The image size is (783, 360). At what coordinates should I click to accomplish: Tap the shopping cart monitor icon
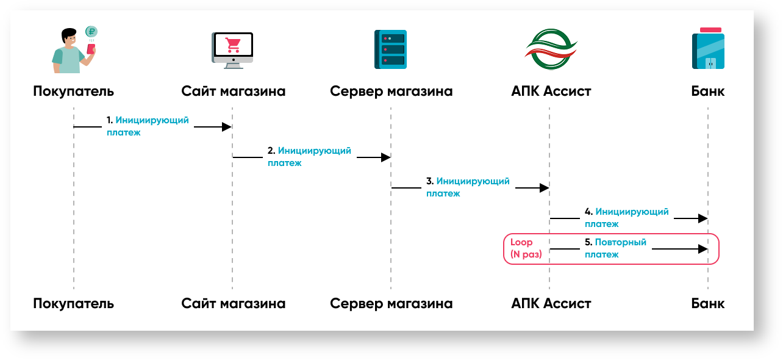point(232,49)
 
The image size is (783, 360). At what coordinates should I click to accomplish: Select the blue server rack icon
point(390,49)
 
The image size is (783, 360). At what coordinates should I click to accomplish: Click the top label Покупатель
point(73,92)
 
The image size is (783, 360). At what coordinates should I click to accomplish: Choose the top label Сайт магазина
point(233,92)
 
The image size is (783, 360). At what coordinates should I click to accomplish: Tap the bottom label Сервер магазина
point(391,303)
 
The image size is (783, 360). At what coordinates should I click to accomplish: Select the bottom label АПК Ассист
point(551,303)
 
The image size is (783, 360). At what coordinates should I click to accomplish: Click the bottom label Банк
point(708,303)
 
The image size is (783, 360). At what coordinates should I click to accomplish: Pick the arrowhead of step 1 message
point(227,127)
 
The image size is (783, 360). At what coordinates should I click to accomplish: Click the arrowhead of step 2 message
point(385,157)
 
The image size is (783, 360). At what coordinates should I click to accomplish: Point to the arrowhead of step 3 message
point(544,188)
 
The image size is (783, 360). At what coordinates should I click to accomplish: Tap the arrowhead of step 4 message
point(703,218)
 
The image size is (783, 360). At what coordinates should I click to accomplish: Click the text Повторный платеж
point(615,248)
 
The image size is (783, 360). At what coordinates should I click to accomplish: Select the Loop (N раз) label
point(526,248)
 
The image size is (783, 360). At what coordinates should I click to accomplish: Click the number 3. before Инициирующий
point(429,181)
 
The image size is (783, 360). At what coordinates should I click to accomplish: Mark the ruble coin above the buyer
point(91,32)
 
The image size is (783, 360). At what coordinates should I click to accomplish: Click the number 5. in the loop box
point(588,242)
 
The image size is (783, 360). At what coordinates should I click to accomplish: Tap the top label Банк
point(708,92)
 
